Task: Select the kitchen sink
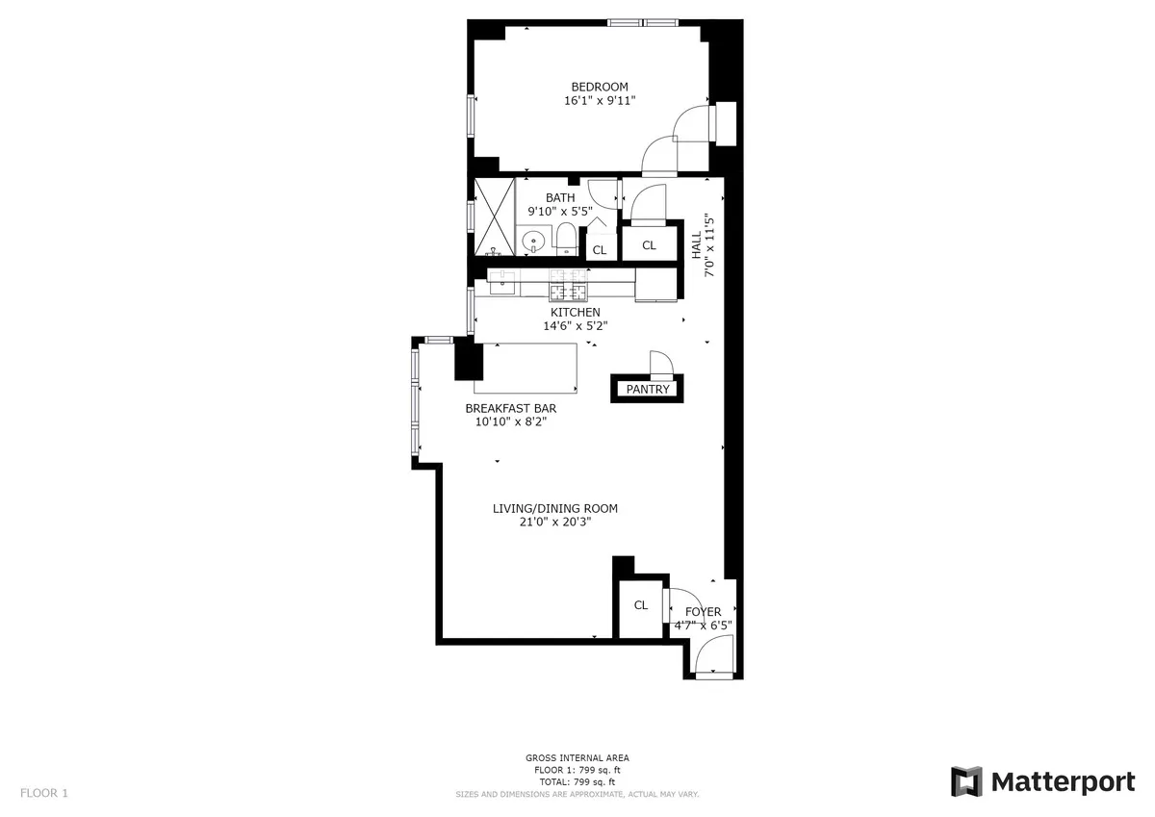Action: pos(502,281)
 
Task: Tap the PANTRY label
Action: pos(647,390)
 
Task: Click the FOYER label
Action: pos(703,612)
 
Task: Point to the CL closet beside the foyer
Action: pos(640,605)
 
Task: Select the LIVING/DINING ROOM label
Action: pos(554,509)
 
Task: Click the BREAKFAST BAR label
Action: pos(510,408)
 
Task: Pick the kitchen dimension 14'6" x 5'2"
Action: pos(575,325)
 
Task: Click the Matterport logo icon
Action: pos(966,781)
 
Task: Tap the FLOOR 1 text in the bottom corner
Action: pos(44,793)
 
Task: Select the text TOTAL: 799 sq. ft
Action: pos(577,782)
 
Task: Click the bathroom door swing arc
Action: pos(602,192)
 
